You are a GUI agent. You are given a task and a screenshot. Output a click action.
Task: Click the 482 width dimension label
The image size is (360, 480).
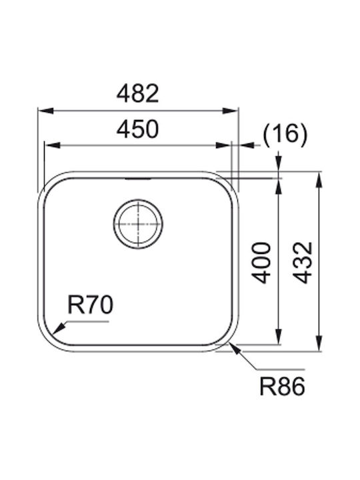point(138,94)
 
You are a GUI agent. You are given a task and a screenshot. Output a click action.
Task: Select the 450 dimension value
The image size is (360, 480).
point(138,129)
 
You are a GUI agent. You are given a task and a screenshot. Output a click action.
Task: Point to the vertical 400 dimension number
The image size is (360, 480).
point(261,263)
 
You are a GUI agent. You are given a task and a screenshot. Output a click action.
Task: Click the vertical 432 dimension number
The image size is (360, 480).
point(303,263)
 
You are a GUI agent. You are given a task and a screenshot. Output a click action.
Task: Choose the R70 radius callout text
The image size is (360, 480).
point(90,305)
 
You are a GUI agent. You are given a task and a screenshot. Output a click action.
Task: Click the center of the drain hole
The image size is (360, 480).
point(138,224)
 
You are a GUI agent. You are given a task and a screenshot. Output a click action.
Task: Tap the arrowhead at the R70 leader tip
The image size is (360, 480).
point(57,329)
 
